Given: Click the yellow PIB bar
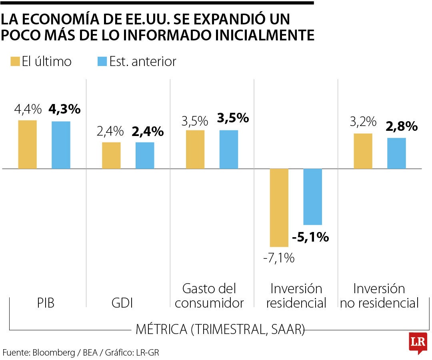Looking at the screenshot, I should pyautogui.click(x=28, y=144).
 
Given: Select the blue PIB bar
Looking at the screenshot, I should pyautogui.click(x=61, y=145).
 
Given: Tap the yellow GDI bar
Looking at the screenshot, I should pyautogui.click(x=111, y=156).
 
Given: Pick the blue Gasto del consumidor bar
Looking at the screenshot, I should pyautogui.click(x=228, y=150).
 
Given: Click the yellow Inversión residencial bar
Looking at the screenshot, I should pyautogui.click(x=279, y=208).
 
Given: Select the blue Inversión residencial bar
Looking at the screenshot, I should pyautogui.click(x=312, y=197).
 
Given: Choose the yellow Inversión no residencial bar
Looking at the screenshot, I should pyautogui.click(x=363, y=151).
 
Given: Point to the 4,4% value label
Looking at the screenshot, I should pyautogui.click(x=28, y=109).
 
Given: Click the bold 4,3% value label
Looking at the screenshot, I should pyautogui.click(x=64, y=109).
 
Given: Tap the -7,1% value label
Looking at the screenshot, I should pyautogui.click(x=279, y=258).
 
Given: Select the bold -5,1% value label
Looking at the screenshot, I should pyautogui.click(x=310, y=237).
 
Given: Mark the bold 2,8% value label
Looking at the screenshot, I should pyautogui.click(x=402, y=127).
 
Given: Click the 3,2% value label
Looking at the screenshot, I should pyautogui.click(x=363, y=122).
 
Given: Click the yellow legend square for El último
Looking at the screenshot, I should pyautogui.click(x=15, y=62).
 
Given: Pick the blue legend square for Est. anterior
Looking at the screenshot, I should pyautogui.click(x=102, y=62).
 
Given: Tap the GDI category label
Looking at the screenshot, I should pyautogui.click(x=122, y=303).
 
